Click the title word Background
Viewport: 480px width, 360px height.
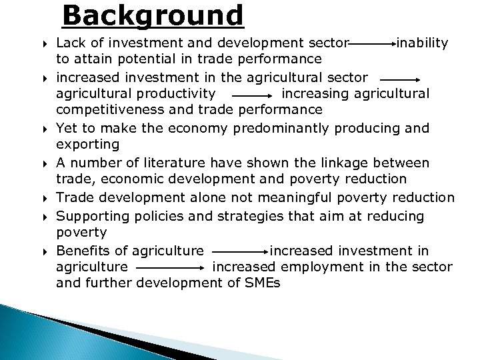coord(153,16)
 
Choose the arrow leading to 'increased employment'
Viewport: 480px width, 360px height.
coord(170,268)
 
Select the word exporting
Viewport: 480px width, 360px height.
coord(88,144)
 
